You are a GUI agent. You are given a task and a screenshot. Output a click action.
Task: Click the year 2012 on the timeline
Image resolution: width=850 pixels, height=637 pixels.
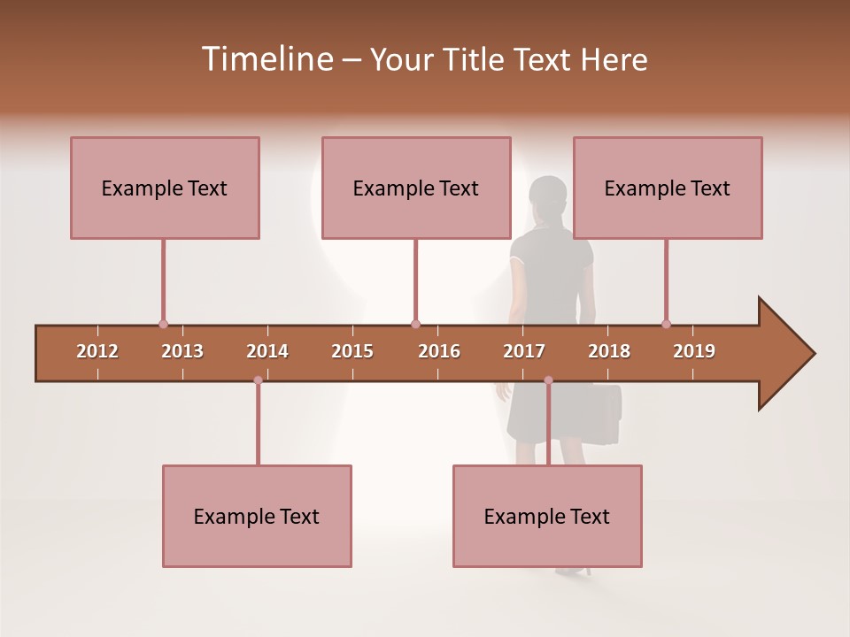97,351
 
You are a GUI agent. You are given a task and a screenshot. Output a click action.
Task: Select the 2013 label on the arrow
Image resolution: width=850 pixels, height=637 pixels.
182,351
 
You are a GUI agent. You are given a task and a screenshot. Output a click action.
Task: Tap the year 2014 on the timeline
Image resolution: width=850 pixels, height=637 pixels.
267,351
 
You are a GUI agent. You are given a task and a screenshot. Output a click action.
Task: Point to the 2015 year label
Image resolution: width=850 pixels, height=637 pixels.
352,351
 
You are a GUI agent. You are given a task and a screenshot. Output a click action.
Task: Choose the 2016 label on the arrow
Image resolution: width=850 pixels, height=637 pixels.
439,351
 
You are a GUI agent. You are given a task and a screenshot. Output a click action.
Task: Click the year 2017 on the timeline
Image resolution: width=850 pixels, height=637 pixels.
524,351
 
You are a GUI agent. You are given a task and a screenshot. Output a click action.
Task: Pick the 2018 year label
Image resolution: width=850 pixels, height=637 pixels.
609,351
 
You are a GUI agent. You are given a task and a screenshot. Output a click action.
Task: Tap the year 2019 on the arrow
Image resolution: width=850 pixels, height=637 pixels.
694,351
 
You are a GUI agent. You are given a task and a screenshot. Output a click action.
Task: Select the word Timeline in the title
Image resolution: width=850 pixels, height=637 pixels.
266,59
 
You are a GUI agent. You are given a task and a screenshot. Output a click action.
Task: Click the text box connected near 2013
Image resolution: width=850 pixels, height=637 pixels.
165,188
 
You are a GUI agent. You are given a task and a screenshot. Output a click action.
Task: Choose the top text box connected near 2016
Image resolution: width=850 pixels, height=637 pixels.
416,188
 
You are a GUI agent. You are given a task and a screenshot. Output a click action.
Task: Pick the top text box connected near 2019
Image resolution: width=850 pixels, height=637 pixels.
668,188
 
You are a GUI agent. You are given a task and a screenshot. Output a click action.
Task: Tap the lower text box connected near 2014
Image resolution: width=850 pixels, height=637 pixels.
257,516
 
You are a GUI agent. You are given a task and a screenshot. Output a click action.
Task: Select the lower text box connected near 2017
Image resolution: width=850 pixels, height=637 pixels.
547,516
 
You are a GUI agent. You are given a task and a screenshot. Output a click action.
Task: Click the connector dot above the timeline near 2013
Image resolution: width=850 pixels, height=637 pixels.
163,324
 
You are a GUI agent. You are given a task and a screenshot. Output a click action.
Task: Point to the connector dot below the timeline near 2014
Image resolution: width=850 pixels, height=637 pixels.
258,380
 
